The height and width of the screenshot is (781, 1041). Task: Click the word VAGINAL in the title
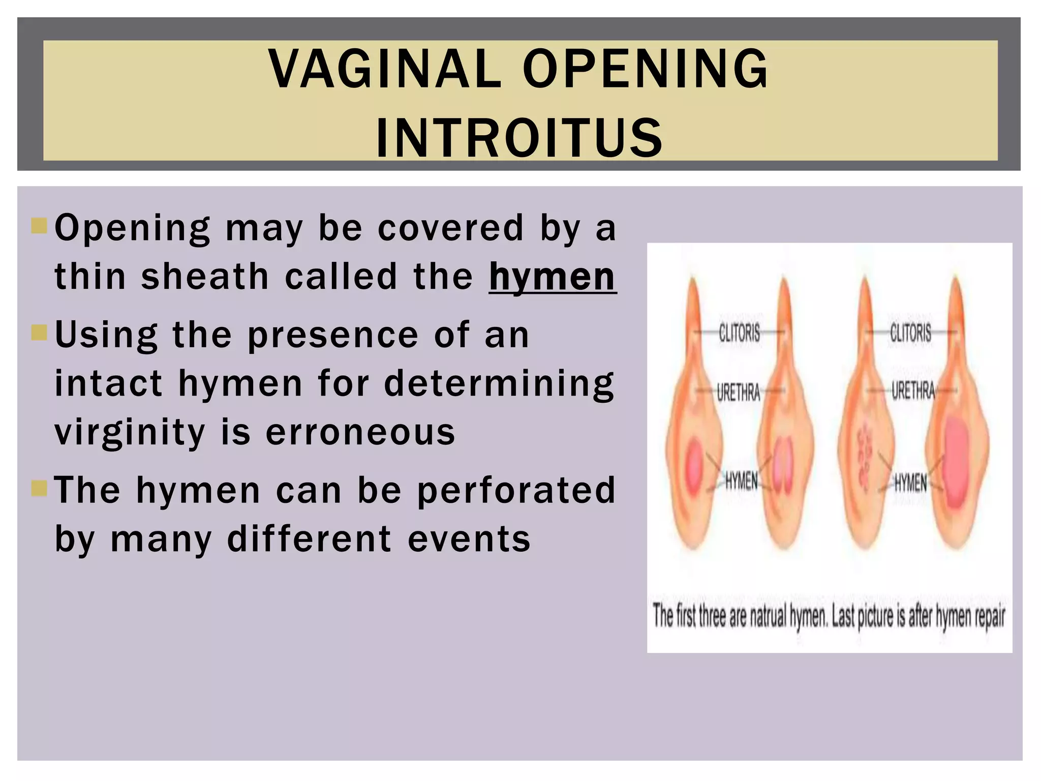pos(385,68)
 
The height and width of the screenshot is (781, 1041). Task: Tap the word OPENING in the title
pos(646,68)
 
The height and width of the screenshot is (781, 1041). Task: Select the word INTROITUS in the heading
pos(519,137)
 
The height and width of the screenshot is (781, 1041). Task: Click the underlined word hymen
pos(553,277)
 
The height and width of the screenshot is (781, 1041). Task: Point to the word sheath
pos(204,277)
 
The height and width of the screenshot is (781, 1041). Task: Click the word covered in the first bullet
pos(450,228)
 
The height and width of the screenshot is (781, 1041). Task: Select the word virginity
pos(130,433)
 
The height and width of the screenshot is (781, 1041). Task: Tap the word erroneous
pos(360,433)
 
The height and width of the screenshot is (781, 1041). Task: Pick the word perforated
pos(516,490)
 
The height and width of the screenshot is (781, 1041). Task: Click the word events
pos(469,539)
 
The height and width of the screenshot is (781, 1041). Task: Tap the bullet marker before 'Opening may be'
pos(39,226)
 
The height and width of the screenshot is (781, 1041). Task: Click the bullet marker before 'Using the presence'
pos(39,333)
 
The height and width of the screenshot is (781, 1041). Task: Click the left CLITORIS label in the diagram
pos(740,333)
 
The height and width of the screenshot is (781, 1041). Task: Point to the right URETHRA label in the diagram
pos(913,391)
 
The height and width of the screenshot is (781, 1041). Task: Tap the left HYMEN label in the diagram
pos(741,480)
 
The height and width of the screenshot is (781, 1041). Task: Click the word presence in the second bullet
pos(333,335)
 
